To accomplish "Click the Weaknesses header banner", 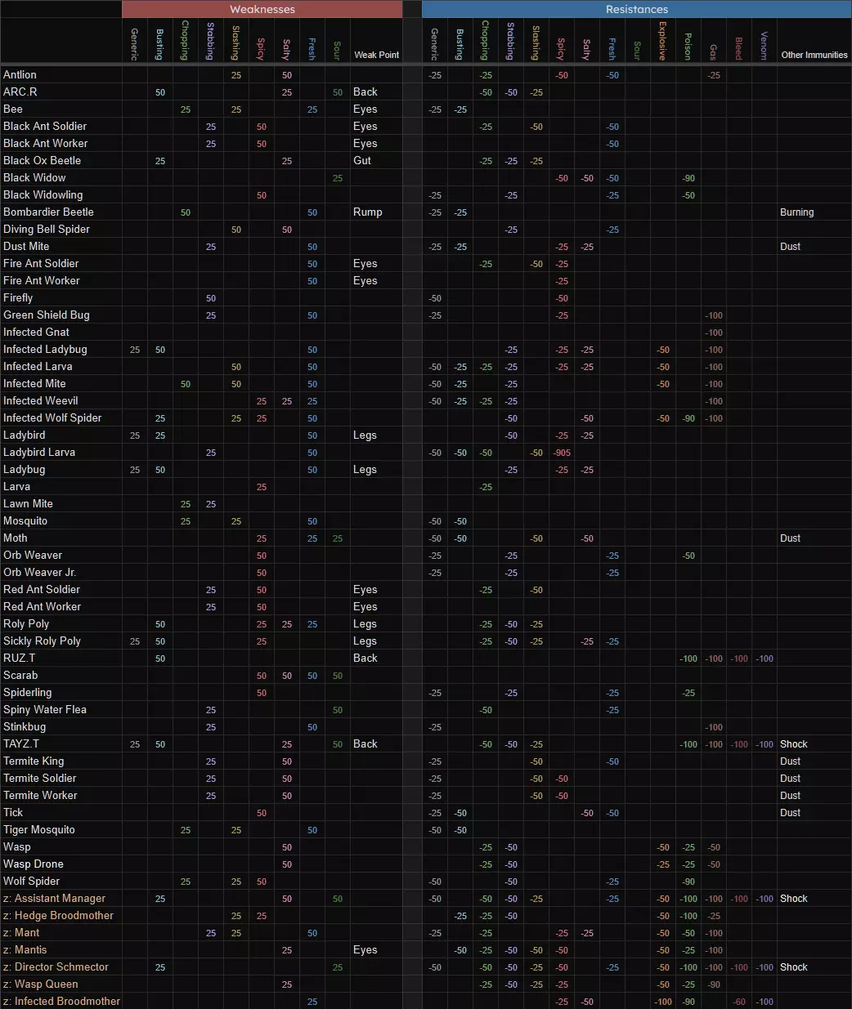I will (262, 9).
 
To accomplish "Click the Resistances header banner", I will (636, 9).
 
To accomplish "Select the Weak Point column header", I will (376, 55).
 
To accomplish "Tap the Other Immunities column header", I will (814, 55).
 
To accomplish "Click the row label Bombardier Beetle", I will (48, 212).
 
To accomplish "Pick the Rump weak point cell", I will (367, 212).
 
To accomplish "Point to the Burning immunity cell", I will (796, 212).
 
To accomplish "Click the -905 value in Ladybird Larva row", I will (561, 453).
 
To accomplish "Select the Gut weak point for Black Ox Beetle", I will (362, 160).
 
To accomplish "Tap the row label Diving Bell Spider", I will (47, 229).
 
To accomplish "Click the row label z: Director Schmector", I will (56, 967).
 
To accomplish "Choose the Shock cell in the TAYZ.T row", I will (793, 743).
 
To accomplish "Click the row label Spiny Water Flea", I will (45, 709).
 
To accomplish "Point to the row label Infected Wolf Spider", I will (52, 417).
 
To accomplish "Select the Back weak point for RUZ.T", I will (365, 658).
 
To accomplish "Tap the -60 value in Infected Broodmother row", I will (738, 1002).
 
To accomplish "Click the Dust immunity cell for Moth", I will (790, 538).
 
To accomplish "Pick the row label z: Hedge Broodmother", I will (58, 915).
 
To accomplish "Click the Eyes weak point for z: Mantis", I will (365, 949).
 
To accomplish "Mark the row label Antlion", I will (20, 74).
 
